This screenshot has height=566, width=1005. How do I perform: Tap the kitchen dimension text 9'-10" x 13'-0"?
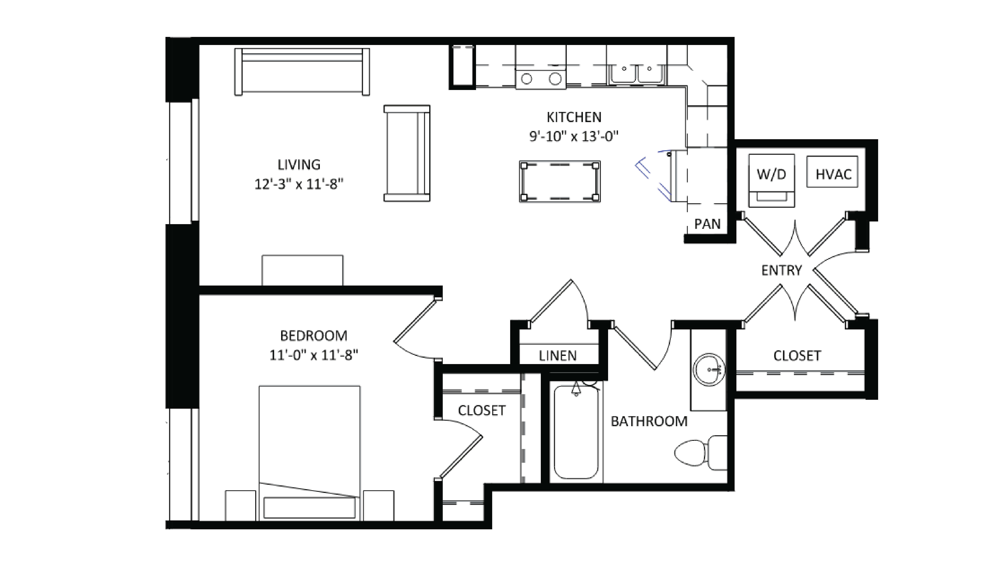(x=573, y=136)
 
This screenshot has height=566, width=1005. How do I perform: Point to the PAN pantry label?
(x=707, y=224)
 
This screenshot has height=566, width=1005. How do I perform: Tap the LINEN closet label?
(x=558, y=356)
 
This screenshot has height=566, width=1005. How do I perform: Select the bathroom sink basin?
(x=709, y=370)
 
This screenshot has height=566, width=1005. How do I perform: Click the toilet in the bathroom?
(x=698, y=453)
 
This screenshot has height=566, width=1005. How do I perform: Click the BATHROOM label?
(x=649, y=421)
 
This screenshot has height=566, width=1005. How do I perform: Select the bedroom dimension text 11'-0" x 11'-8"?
(x=314, y=355)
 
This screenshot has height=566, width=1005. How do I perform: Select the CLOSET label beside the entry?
(x=797, y=356)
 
